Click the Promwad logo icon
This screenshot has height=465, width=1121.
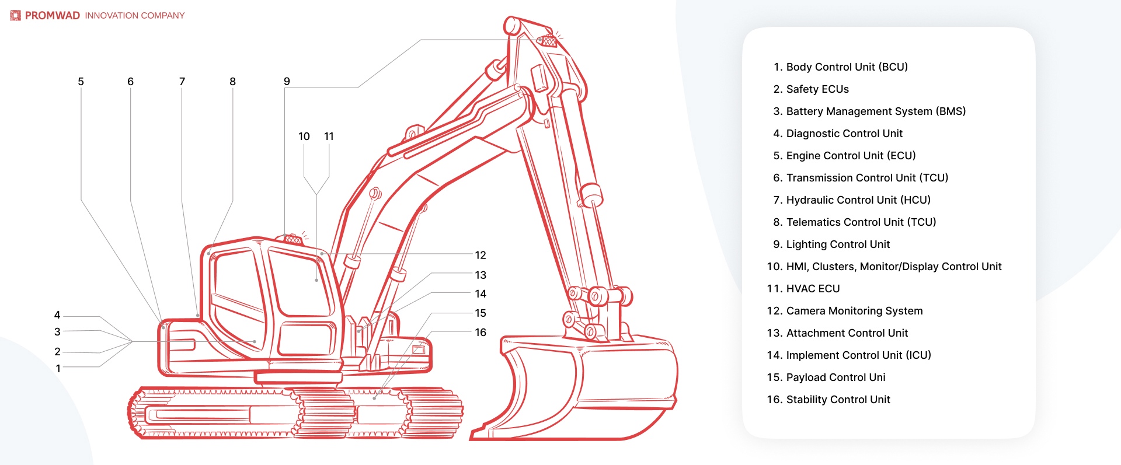15,16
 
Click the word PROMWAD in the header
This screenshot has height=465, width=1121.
52,16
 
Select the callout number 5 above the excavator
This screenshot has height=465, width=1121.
81,82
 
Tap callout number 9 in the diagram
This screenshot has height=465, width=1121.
287,82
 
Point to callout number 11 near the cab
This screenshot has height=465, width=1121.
329,137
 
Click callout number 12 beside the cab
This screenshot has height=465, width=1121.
480,255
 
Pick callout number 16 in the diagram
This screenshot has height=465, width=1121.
480,333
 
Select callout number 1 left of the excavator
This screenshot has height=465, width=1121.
58,369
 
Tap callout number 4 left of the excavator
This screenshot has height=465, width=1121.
57,315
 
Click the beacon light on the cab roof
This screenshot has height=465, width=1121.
293,239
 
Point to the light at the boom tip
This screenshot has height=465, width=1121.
548,41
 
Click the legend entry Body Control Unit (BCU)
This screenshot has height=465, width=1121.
846,67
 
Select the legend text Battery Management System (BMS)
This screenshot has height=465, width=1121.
875,111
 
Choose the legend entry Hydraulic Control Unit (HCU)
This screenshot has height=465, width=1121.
858,200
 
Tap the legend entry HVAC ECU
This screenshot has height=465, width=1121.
812,289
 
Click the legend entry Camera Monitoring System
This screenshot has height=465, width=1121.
854,311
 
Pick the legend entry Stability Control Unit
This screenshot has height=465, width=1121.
837,400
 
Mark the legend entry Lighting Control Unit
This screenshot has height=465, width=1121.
837,244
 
